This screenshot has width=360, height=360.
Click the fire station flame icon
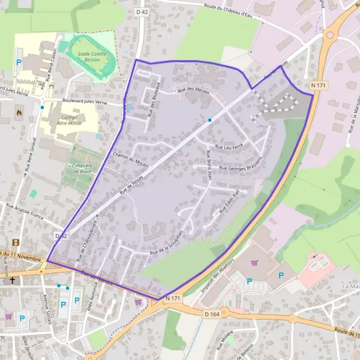coord(20,112)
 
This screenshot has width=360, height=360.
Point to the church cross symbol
coord(10,280)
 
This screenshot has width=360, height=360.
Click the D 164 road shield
coord(212,313)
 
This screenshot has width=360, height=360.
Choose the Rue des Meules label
coord(193,90)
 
